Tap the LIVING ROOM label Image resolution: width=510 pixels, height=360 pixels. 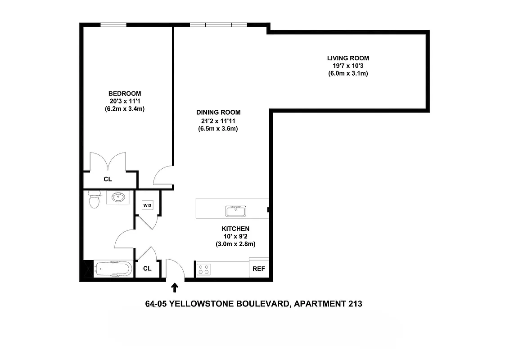pos(348,58)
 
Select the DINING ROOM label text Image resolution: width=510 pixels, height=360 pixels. pos(218,112)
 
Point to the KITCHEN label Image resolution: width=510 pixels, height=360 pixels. pos(235,229)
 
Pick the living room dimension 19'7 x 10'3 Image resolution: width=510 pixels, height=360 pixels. pos(348,66)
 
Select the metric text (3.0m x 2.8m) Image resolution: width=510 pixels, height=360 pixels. pos(235,244)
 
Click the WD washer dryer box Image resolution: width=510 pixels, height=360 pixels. pos(148,206)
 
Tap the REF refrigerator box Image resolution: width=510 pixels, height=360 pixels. pos(259,269)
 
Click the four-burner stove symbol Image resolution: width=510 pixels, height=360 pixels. pos(204,269)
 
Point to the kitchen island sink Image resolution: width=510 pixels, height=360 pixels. pos(235,211)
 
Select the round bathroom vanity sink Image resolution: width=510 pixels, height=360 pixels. pos(119,197)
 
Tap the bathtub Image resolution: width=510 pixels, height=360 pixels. pos(113,270)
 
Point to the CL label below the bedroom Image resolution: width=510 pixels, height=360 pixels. pos(108,179)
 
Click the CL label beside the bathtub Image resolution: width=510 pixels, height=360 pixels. pos(147,269)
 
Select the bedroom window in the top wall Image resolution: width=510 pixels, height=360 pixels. pos(113,25)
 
